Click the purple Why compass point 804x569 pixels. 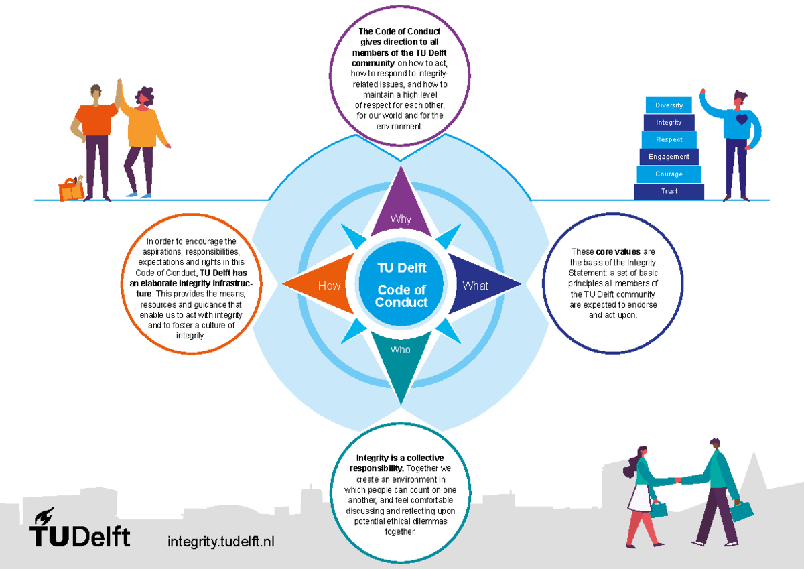coord(401,208)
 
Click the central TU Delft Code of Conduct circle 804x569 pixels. coord(401,286)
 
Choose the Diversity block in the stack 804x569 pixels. coord(669,105)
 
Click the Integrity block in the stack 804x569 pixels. coord(669,123)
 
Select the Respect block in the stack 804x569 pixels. coord(669,140)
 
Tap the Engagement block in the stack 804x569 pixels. coord(669,157)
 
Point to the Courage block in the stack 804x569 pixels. coord(669,174)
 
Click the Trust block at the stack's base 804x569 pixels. coord(669,192)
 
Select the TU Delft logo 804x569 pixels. coord(79,529)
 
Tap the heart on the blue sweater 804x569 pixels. coord(741,120)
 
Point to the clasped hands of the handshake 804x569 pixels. coord(678,480)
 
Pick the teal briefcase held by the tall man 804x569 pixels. coord(742,511)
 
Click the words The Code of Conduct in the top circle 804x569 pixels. coord(400,31)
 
